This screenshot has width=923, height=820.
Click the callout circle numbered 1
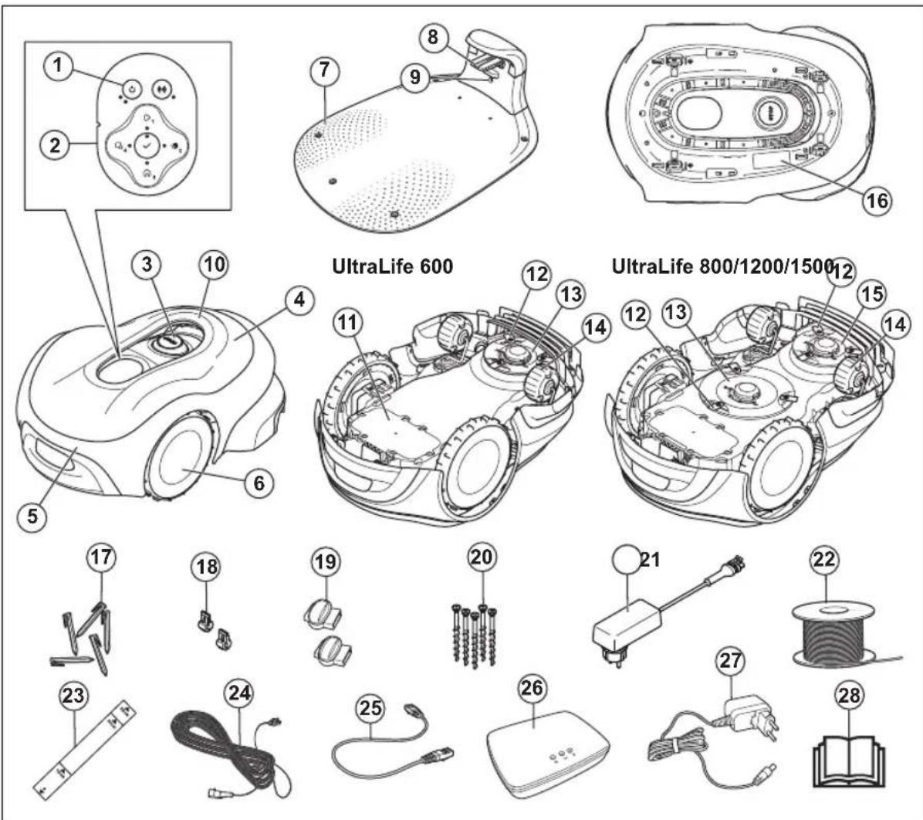(58, 66)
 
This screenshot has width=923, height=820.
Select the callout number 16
(877, 200)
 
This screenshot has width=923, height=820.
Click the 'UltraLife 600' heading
(393, 266)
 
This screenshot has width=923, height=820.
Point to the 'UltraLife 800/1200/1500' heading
(723, 266)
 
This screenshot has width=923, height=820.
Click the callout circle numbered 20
(482, 557)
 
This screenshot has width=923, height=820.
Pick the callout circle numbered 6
(259, 483)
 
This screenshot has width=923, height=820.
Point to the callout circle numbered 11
(348, 323)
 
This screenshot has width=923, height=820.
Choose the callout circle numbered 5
(32, 517)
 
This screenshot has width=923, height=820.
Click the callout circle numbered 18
(207, 568)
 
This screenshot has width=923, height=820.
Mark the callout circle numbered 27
(731, 661)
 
